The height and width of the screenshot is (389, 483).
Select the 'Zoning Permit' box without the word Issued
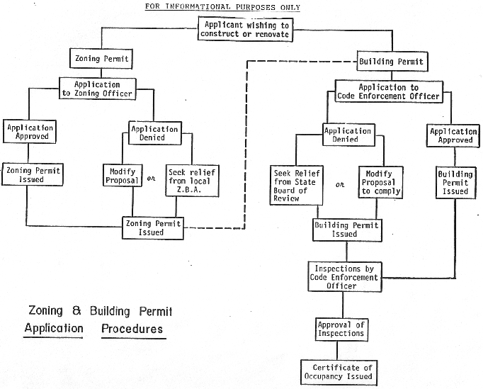[x=99, y=57]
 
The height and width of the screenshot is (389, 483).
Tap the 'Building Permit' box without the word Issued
[x=391, y=62]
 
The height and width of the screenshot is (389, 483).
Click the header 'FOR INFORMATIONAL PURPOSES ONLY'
[x=222, y=8]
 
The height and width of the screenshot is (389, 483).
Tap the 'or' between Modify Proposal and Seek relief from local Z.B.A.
[x=150, y=179]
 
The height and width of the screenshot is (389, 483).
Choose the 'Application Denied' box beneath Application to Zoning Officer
[x=154, y=133]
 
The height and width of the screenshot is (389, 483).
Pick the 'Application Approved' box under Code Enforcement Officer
[x=454, y=135]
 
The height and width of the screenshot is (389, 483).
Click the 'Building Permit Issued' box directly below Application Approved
[x=453, y=182]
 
